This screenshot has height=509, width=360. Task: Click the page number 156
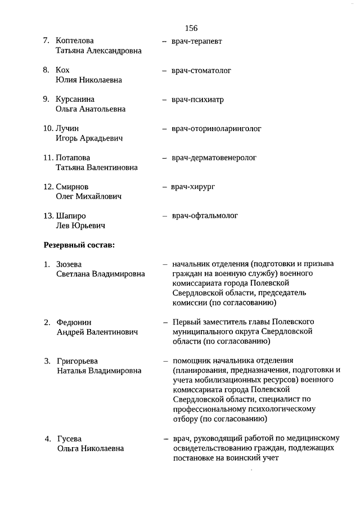pos(191,28)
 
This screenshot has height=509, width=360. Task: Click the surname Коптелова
pos(75,41)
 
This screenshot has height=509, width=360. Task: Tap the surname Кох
pos(62,70)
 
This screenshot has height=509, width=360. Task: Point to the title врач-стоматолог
pos(201,70)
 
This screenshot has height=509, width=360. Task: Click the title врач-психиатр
pos(198,100)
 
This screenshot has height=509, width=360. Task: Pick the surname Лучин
pos(67,129)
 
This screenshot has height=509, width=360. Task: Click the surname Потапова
pos(73,158)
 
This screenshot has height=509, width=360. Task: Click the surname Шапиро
pos(71,216)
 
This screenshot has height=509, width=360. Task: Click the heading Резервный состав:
pos(79,245)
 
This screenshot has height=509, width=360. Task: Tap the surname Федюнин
pos(74,323)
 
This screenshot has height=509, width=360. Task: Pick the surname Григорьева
pos(78,361)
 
